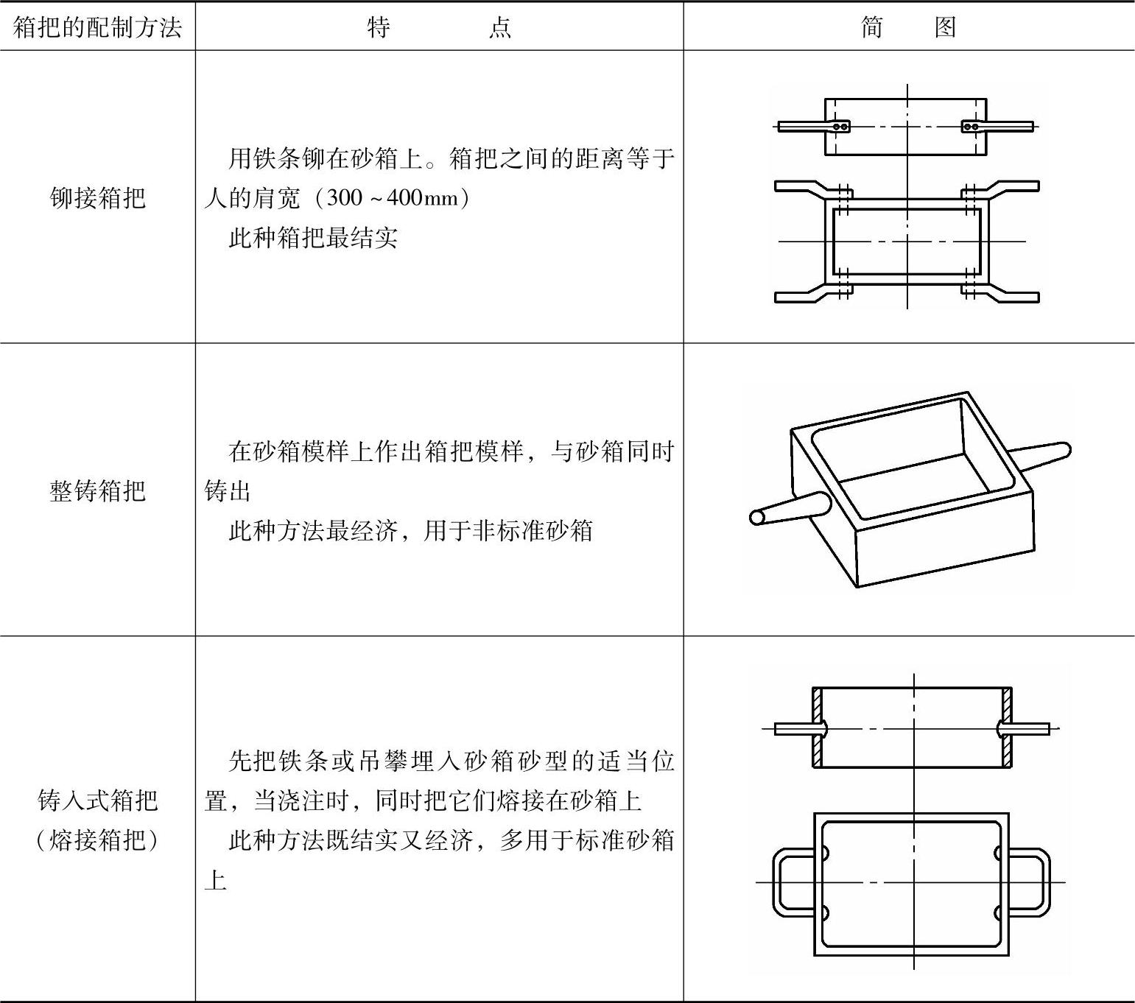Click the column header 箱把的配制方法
pyautogui.click(x=97, y=28)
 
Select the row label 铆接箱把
pyautogui.click(x=97, y=198)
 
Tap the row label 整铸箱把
pyautogui.click(x=97, y=490)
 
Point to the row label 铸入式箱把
pyautogui.click(x=97, y=800)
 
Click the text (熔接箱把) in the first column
pyautogui.click(x=97, y=840)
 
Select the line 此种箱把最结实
pyautogui.click(x=313, y=238)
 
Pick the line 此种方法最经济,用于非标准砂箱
pyautogui.click(x=410, y=530)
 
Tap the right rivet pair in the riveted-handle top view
pyautogui.click(x=971, y=127)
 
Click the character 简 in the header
pyautogui.click(x=871, y=28)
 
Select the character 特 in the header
pyautogui.click(x=379, y=28)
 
